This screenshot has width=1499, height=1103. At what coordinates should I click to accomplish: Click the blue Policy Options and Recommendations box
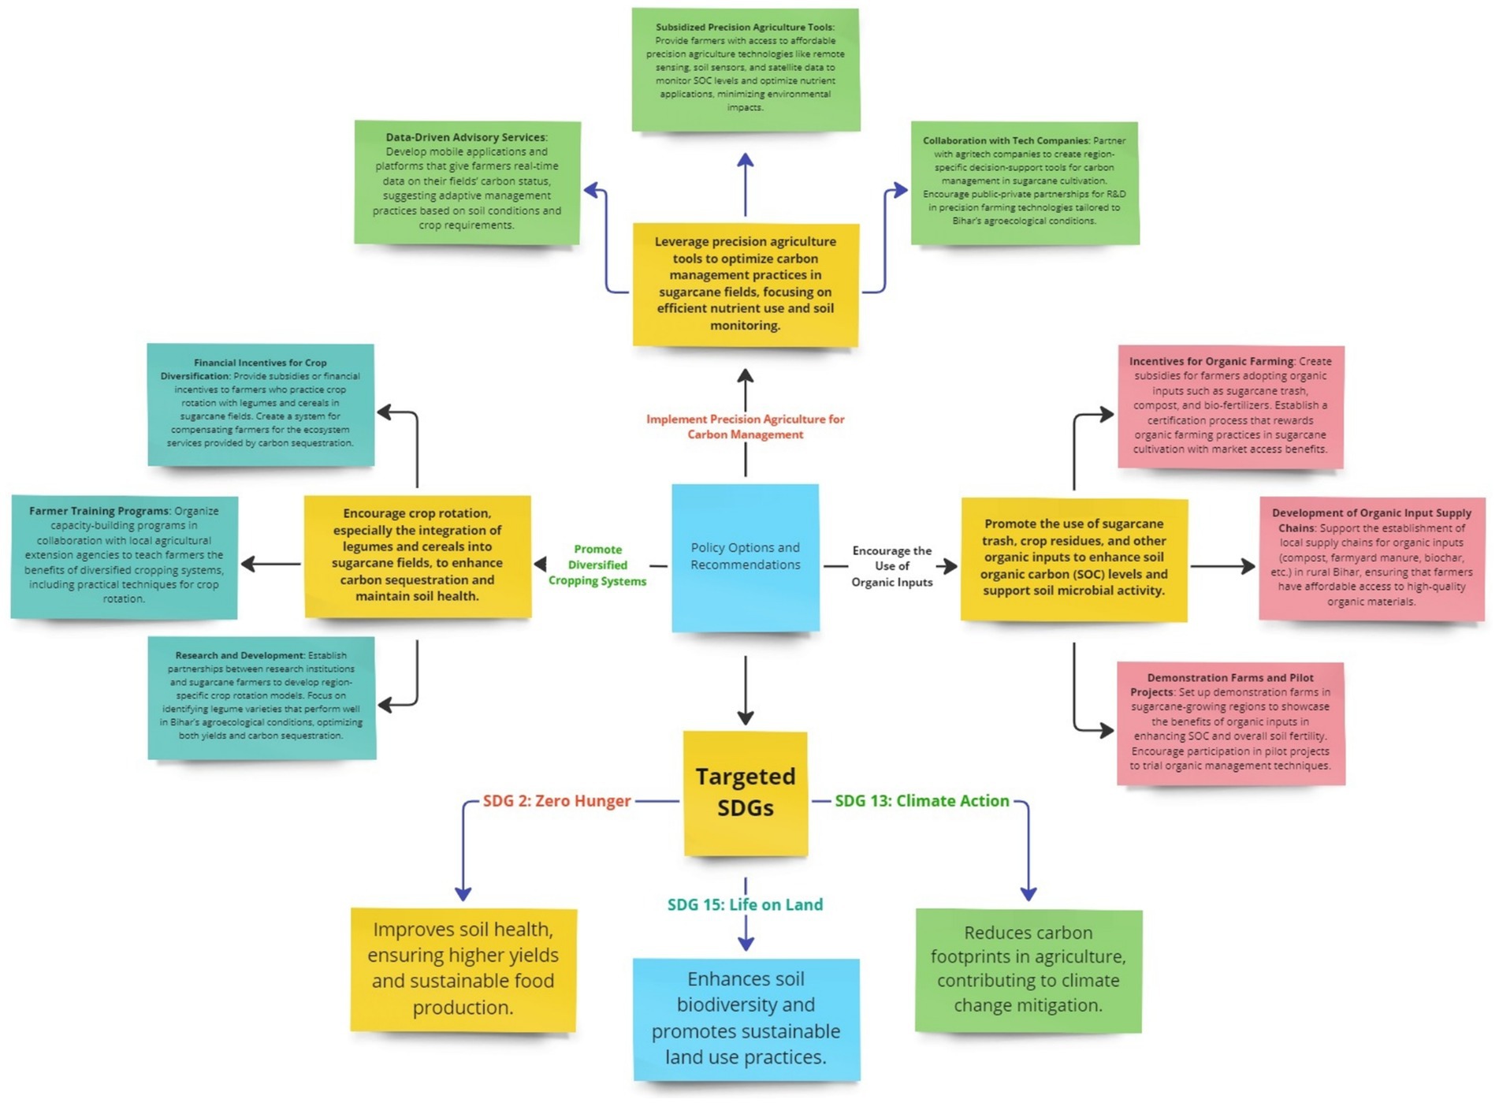click(745, 557)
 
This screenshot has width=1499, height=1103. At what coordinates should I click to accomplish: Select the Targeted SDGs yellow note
click(745, 792)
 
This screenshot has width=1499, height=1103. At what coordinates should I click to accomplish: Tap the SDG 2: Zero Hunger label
click(556, 801)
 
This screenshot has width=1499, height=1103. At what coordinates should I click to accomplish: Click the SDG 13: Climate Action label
click(921, 801)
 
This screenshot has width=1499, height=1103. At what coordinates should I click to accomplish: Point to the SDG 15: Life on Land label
click(745, 904)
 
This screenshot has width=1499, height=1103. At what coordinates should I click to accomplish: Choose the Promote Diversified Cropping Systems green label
click(597, 565)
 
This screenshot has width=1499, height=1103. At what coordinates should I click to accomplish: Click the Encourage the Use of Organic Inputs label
click(891, 566)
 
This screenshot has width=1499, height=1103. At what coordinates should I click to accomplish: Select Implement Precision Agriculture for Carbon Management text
click(745, 427)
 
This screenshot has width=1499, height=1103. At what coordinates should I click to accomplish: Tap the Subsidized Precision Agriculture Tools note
click(745, 69)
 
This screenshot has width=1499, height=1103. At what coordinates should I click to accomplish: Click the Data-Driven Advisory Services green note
click(467, 182)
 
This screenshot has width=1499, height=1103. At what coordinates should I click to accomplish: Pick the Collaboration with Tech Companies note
click(1025, 182)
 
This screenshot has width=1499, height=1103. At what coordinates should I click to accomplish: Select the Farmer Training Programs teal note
click(124, 556)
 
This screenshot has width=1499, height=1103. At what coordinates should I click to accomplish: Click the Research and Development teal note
click(261, 697)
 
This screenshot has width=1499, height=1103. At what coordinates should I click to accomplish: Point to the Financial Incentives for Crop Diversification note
click(261, 404)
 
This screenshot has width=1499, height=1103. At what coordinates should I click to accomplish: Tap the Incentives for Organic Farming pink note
click(1230, 406)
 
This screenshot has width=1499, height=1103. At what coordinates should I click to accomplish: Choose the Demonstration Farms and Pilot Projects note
click(1230, 722)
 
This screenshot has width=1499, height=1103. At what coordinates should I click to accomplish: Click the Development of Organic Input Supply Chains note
click(1371, 557)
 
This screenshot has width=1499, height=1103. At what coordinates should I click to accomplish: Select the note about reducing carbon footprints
click(1028, 970)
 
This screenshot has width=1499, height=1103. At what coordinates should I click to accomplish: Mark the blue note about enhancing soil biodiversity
click(746, 1019)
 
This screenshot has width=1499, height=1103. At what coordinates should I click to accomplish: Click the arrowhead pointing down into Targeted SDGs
click(745, 717)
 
